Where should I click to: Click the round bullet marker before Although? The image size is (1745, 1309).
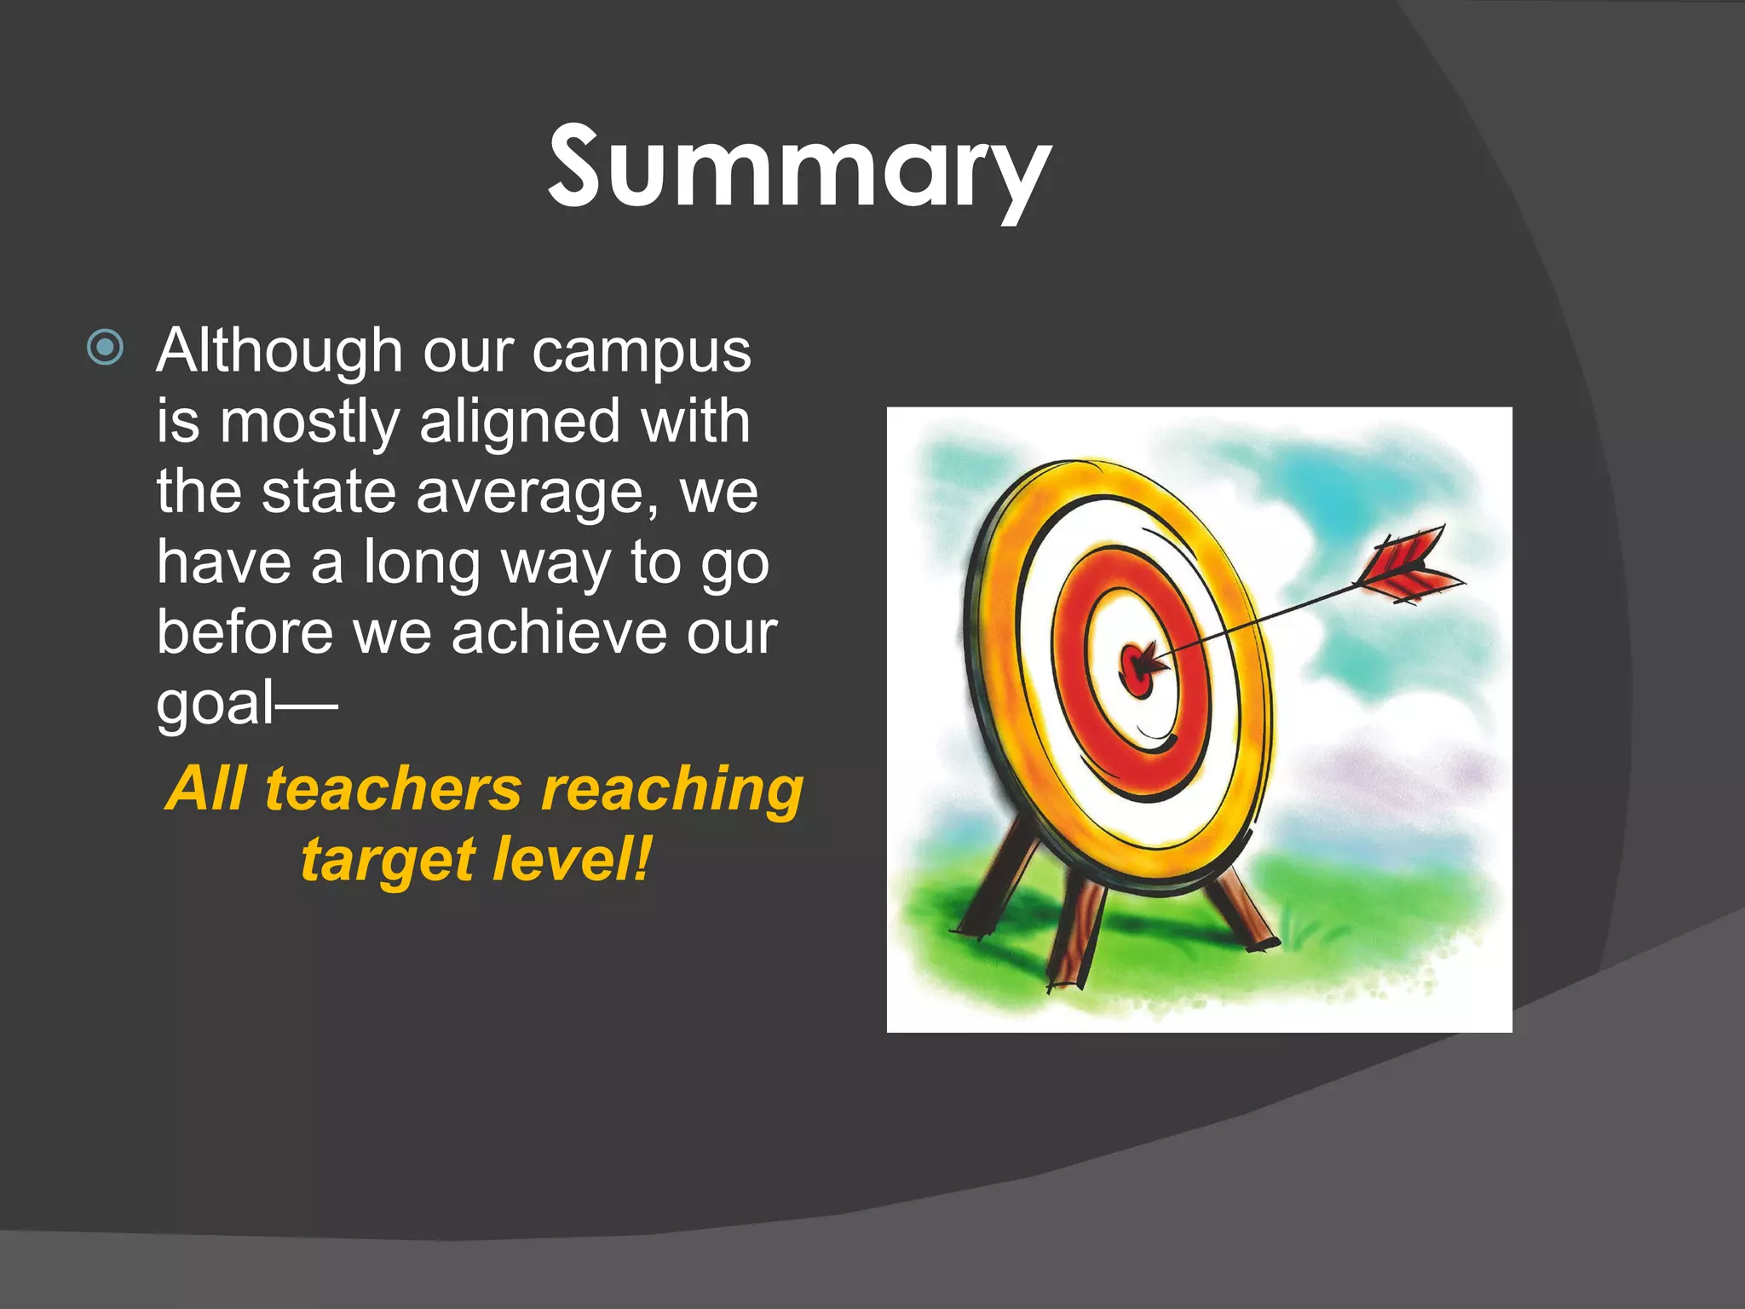point(106,347)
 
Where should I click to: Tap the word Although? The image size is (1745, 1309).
point(279,351)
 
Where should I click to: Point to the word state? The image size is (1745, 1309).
point(328,493)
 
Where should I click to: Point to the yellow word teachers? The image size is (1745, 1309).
point(393,789)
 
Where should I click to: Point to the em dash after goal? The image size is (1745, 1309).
point(306,705)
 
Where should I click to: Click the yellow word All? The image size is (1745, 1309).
point(205,789)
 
